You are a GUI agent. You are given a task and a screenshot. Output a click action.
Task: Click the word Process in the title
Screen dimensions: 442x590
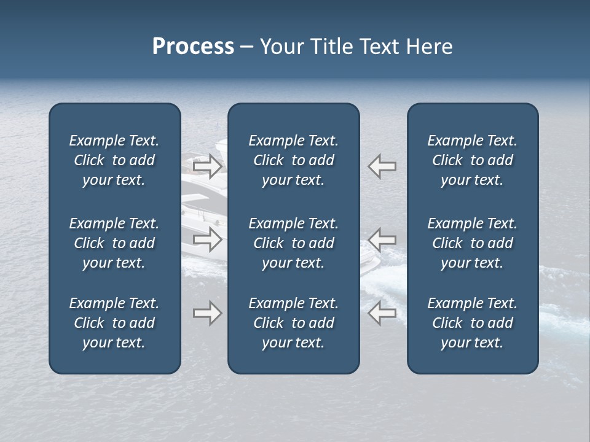coord(193,47)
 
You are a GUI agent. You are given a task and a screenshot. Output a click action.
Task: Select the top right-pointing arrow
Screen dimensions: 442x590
coord(207,166)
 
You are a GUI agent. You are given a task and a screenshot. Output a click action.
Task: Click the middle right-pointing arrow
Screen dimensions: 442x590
coord(207,239)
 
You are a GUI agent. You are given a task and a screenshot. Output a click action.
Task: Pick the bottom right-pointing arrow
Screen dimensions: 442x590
coord(207,313)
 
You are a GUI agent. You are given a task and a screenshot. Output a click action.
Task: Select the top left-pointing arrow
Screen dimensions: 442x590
coord(382,166)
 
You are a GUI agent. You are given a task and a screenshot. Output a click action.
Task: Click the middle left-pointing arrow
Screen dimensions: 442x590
coord(382,239)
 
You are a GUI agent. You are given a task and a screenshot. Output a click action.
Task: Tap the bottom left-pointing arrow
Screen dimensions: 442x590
coord(382,313)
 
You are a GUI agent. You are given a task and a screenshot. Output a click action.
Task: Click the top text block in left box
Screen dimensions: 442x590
coord(114,160)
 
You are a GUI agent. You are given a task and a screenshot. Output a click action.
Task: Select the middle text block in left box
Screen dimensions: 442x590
coord(114,243)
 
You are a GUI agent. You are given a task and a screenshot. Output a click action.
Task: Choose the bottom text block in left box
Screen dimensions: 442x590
coord(114,323)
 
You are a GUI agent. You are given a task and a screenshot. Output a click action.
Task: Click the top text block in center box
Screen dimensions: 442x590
coord(293,160)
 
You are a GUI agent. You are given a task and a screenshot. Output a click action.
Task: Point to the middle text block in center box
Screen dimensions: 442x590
coord(293,243)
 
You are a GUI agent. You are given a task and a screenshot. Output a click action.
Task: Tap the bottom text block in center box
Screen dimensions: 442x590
coord(293,323)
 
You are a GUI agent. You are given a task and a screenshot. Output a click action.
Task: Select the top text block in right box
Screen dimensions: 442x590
coord(472,160)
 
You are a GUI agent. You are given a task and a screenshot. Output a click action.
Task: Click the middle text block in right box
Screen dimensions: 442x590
coord(472,243)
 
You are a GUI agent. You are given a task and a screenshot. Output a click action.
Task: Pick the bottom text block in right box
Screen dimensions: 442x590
coord(472,323)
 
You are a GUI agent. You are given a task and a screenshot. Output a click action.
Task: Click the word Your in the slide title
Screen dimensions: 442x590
coord(282,47)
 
